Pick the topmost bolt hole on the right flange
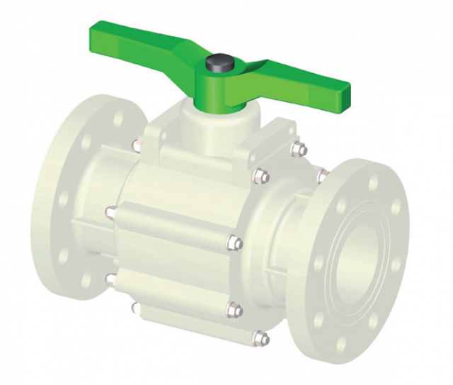click(373, 183)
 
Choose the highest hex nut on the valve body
click(299, 149)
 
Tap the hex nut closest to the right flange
click(322, 175)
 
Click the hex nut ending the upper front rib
click(234, 243)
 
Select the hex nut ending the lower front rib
click(234, 310)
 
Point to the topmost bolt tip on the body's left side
click(134, 145)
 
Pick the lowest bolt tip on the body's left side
click(134, 307)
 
